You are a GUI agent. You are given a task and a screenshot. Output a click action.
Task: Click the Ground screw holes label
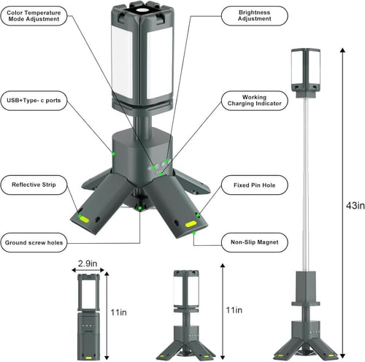(x=41, y=242)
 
